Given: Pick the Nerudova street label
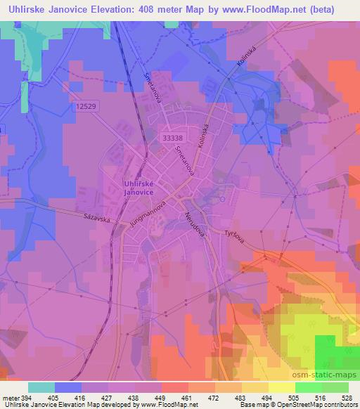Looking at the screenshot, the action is [194, 225].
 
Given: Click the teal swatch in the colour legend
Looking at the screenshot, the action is [41, 388].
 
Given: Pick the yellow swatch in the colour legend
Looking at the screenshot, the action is [281, 388].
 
